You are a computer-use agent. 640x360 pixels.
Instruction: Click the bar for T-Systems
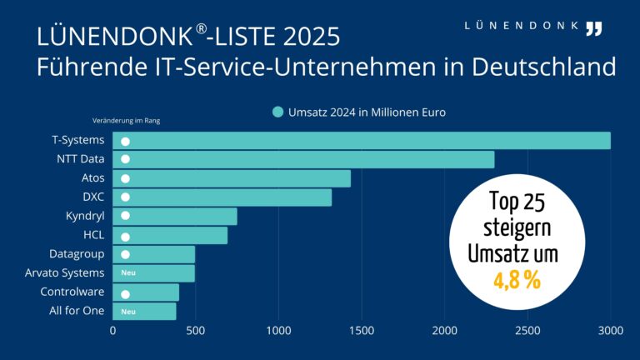pyautogui.click(x=367, y=141)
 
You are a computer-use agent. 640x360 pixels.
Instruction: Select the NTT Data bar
pyautogui.click(x=308, y=159)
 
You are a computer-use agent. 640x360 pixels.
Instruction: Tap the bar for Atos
pyautogui.click(x=242, y=178)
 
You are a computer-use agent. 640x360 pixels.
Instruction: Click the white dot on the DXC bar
pyautogui.click(x=125, y=197)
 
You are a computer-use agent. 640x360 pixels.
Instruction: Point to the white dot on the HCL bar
pyautogui.click(x=125, y=236)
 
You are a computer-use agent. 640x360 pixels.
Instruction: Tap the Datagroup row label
pyautogui.click(x=77, y=253)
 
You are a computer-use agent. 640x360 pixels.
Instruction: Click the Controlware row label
pyautogui.click(x=72, y=292)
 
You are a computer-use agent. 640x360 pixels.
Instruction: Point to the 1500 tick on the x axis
pyautogui.click(x=362, y=331)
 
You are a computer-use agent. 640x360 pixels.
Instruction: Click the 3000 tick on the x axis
pyautogui.click(x=611, y=331)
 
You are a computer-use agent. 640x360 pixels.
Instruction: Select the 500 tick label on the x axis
pyautogui.click(x=195, y=331)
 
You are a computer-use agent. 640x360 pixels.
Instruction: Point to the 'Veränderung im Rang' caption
pyautogui.click(x=126, y=121)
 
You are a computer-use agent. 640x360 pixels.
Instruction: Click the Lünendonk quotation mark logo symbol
pyautogui.click(x=593, y=28)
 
